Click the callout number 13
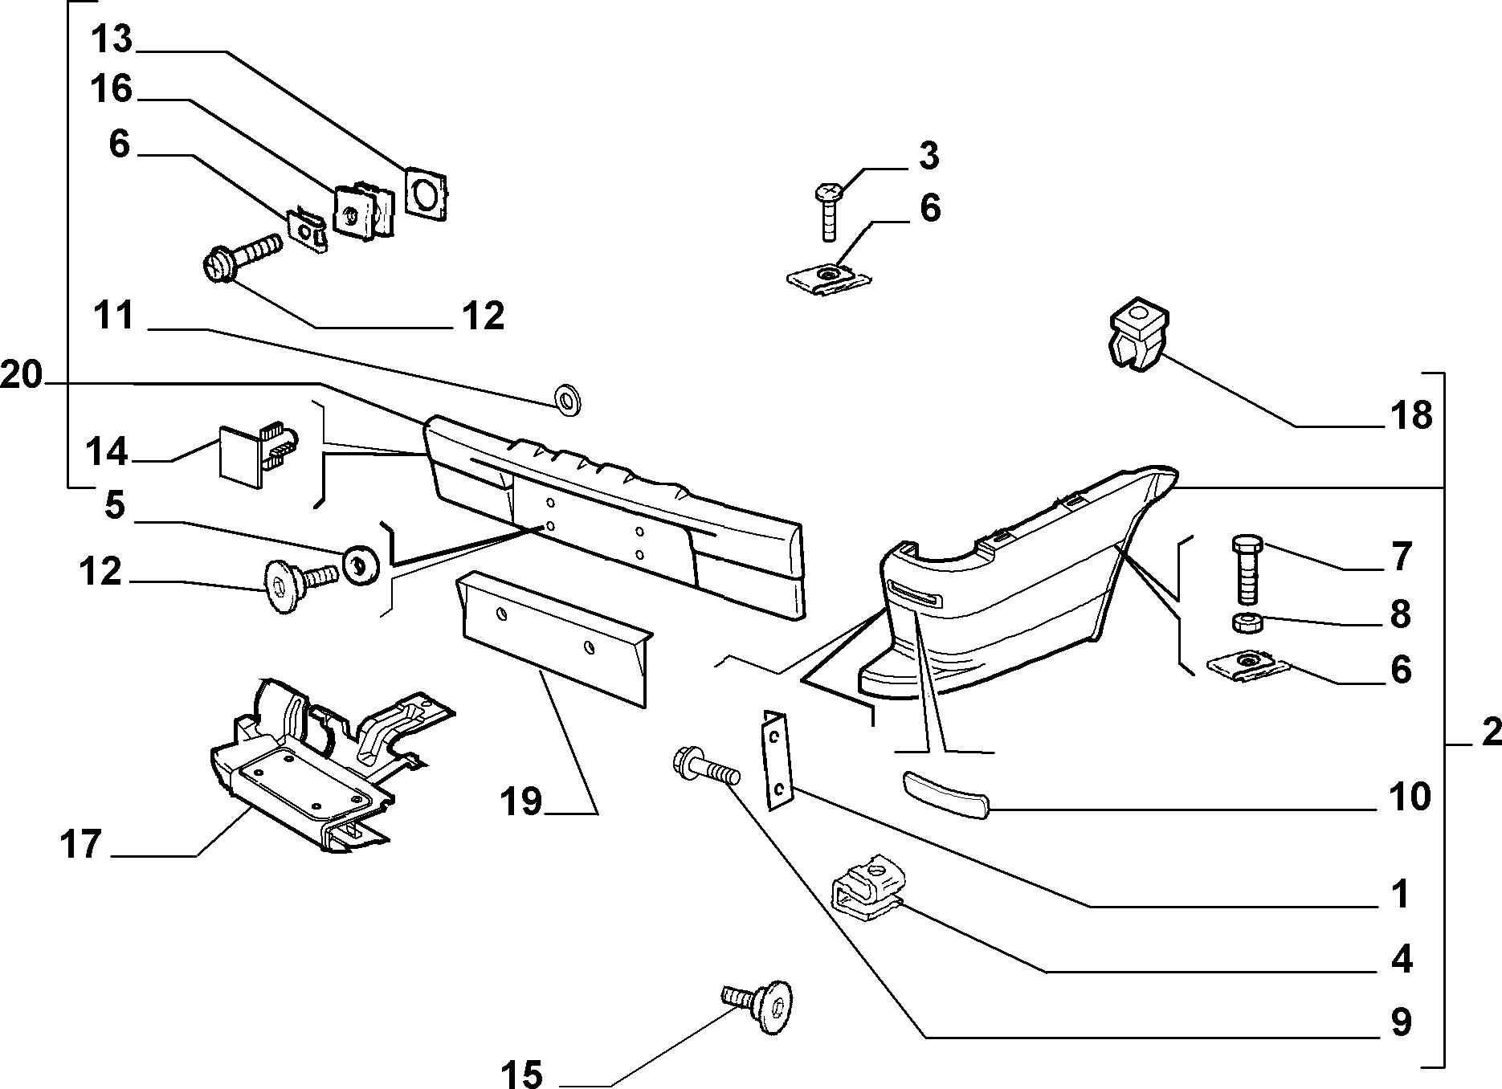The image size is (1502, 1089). (112, 39)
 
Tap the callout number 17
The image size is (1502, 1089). (81, 844)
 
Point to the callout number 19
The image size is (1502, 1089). (521, 801)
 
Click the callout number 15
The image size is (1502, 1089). (522, 1074)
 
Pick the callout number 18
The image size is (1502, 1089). (1411, 415)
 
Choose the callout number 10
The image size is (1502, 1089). (1410, 797)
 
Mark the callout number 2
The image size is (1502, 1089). (1490, 732)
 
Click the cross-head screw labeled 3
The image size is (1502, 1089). (827, 211)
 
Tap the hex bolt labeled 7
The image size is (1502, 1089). (1245, 570)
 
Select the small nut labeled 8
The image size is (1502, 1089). (1244, 622)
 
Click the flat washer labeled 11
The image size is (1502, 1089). (569, 399)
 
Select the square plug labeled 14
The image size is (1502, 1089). (257, 454)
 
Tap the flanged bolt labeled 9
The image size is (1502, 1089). (705, 769)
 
